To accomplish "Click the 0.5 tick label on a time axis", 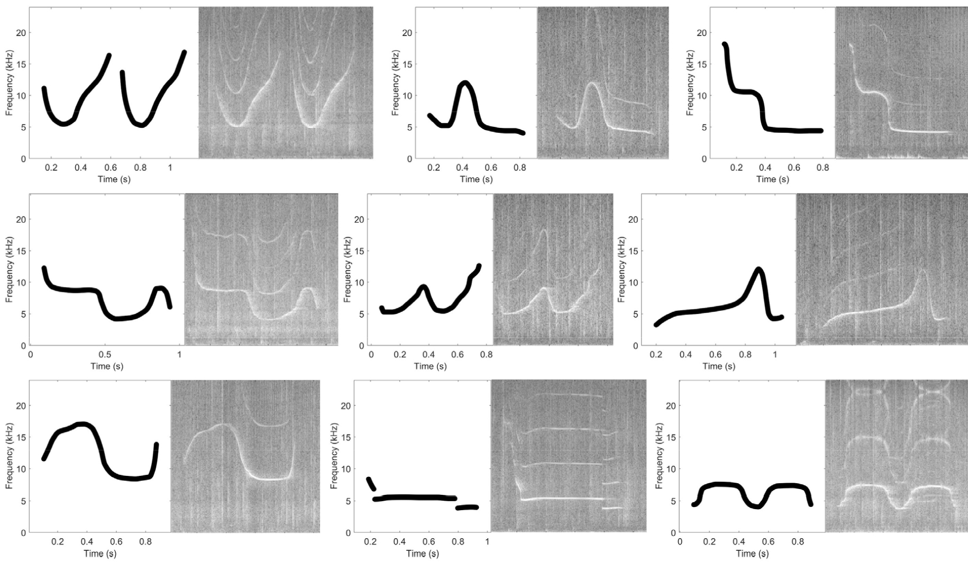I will [105, 355].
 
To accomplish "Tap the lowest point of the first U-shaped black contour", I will [63, 124].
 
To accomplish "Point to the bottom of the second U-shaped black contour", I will [141, 125].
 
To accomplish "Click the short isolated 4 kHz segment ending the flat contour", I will [467, 508].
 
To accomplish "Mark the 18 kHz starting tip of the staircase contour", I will [725, 45].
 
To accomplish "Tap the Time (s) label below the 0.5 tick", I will [107, 366].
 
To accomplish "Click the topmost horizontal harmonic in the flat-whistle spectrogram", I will [569, 394].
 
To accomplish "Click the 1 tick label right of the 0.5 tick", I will [179, 355].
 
